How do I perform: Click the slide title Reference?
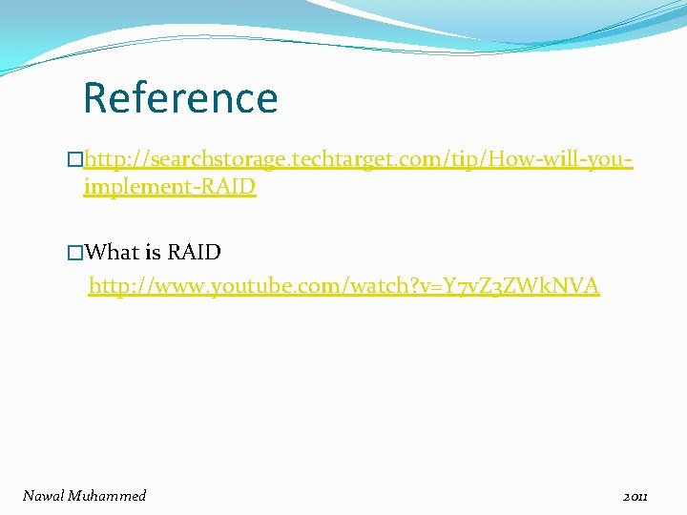point(180,97)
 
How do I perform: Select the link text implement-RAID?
point(170,186)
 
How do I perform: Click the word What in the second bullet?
point(113,252)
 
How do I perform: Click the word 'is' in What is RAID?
point(153,252)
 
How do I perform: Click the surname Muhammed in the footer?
point(108,495)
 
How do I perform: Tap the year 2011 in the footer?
point(635,496)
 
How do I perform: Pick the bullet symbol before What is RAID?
point(75,253)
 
